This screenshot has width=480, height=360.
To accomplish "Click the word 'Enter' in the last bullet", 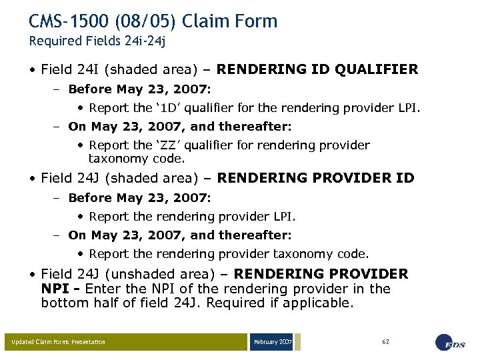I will [105, 289].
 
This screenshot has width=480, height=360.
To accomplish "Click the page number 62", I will [386, 341].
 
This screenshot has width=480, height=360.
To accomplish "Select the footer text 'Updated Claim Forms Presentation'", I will [58, 342].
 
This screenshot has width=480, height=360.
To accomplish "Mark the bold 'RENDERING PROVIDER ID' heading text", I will [315, 178].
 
